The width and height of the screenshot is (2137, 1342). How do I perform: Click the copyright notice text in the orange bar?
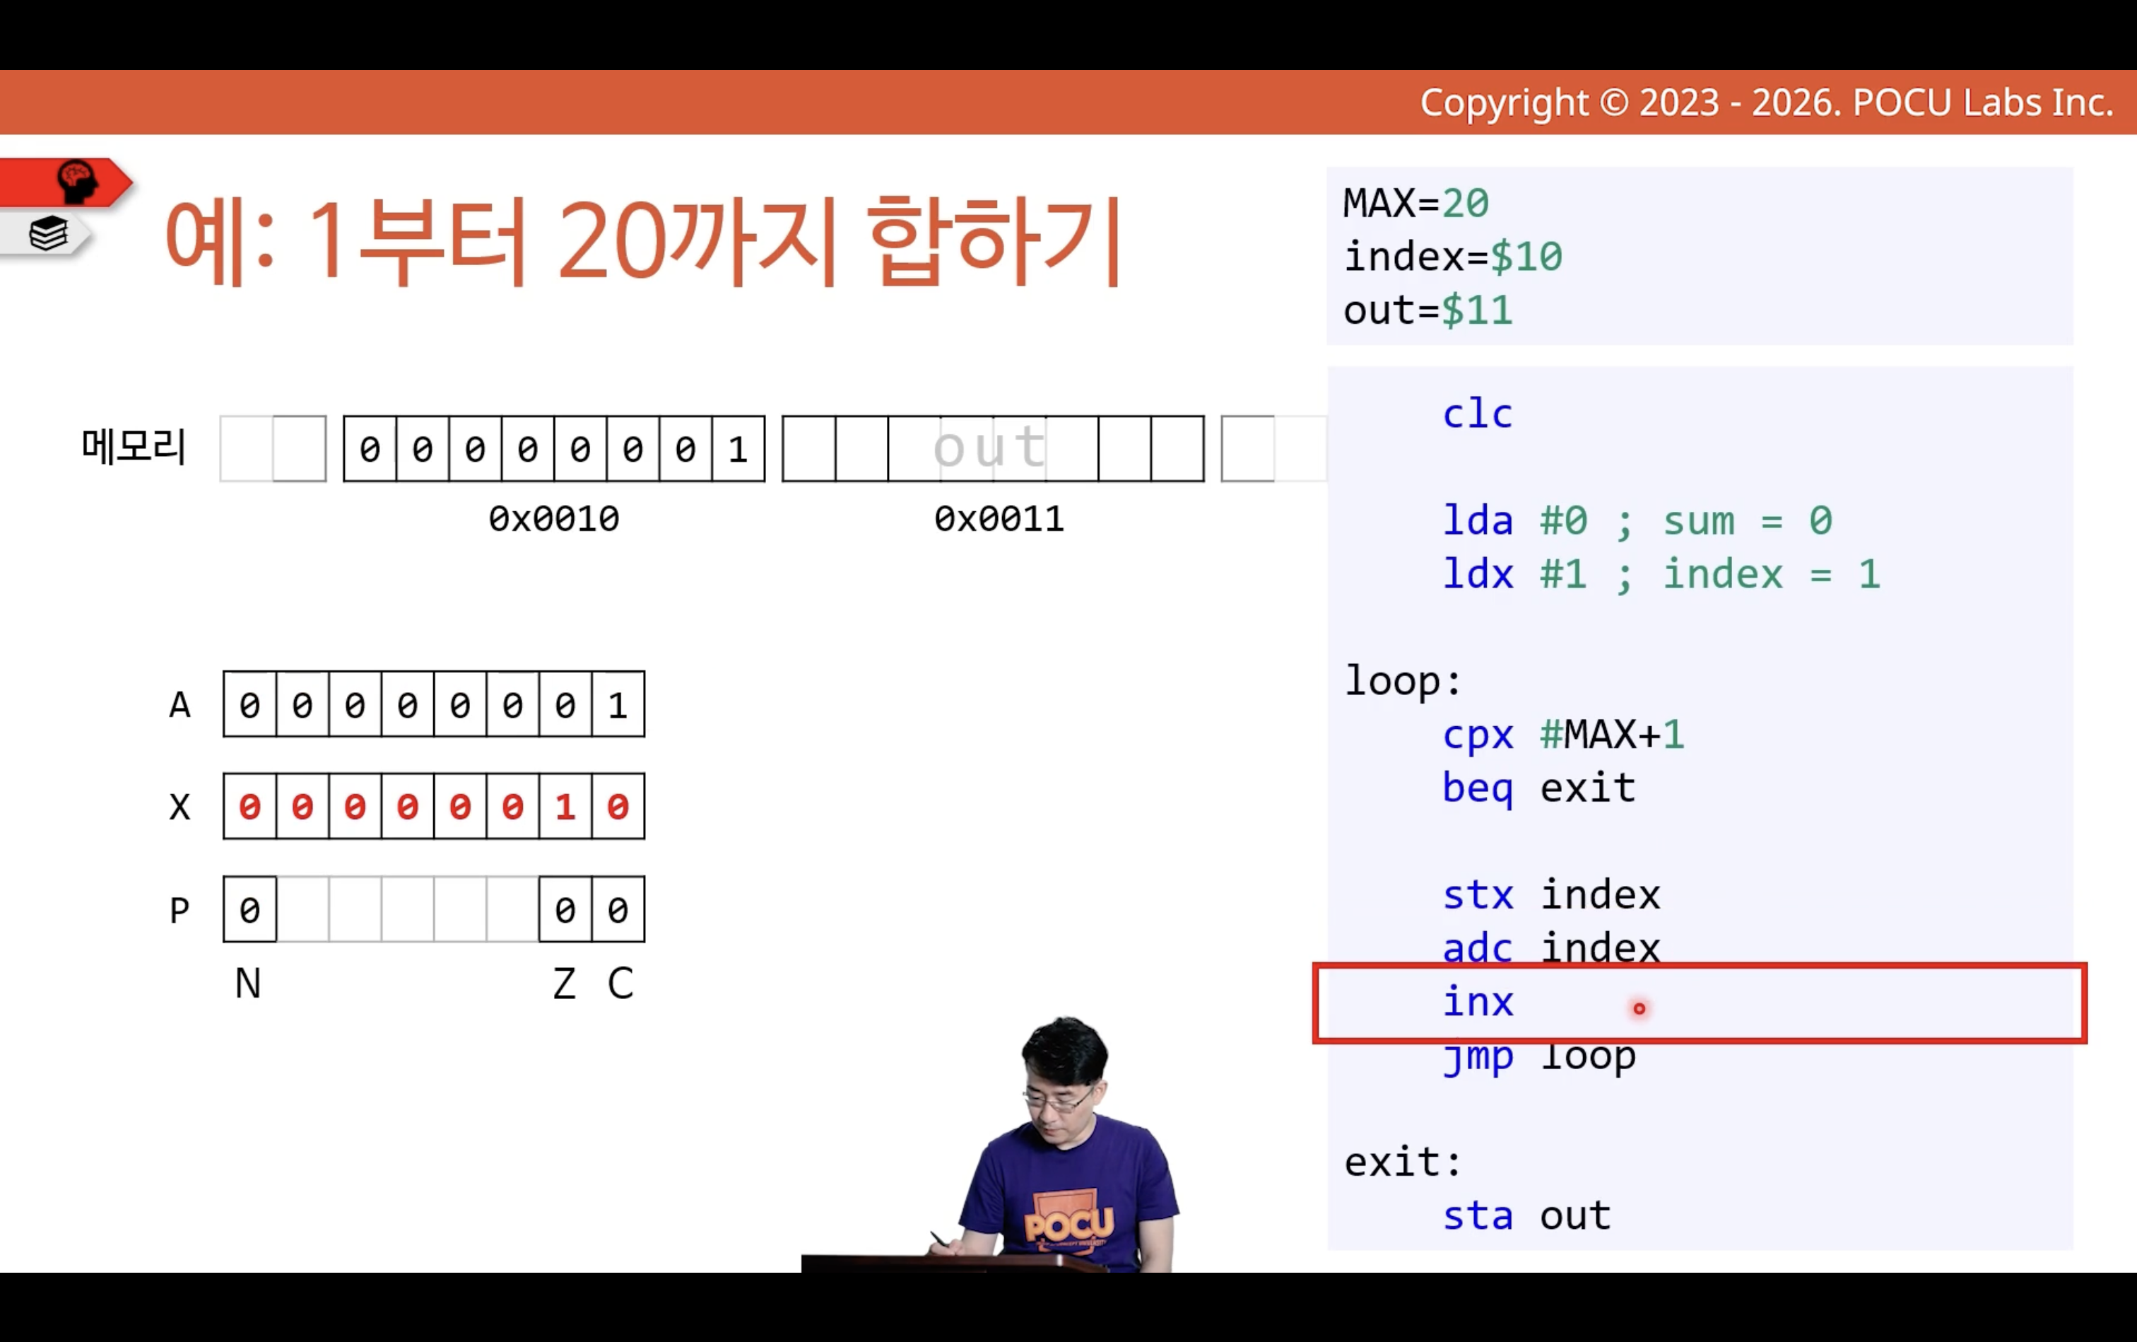click(1766, 103)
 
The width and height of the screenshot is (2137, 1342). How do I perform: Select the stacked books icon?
click(49, 233)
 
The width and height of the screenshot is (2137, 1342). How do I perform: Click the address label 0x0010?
click(553, 518)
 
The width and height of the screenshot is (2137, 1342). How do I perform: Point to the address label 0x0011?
click(999, 518)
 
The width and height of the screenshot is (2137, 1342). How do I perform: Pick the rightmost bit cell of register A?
click(618, 705)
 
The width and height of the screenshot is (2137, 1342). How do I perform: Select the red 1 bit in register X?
click(565, 807)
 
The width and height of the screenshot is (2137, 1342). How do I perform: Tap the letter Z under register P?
click(564, 984)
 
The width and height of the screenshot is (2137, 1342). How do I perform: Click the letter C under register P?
click(620, 984)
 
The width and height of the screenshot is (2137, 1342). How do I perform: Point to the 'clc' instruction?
click(1477, 414)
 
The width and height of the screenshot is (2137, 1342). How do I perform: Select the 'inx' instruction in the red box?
click(1477, 1002)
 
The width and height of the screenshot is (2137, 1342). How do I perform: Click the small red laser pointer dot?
click(1639, 1008)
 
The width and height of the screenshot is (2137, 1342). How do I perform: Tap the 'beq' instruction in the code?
click(1477, 788)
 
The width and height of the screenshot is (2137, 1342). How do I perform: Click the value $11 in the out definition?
click(1476, 310)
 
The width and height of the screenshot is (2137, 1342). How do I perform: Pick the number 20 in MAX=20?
click(1464, 203)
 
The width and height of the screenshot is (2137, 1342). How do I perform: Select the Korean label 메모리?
click(134, 445)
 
